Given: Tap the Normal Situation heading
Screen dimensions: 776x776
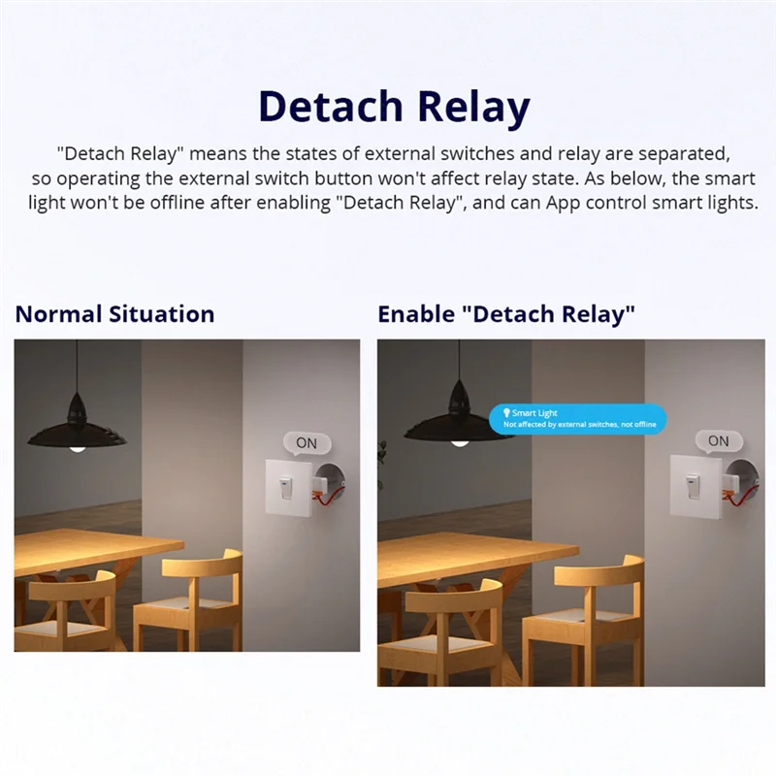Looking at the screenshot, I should point(114,314).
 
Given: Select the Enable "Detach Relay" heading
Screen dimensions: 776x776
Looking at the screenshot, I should point(506,314).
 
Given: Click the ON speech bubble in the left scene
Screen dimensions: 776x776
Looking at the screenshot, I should point(307,443).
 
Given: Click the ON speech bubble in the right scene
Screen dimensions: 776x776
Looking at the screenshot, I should point(718,441).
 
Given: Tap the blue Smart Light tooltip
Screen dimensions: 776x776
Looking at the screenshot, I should point(578,419).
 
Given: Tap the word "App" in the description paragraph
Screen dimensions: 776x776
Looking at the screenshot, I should point(566,204).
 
